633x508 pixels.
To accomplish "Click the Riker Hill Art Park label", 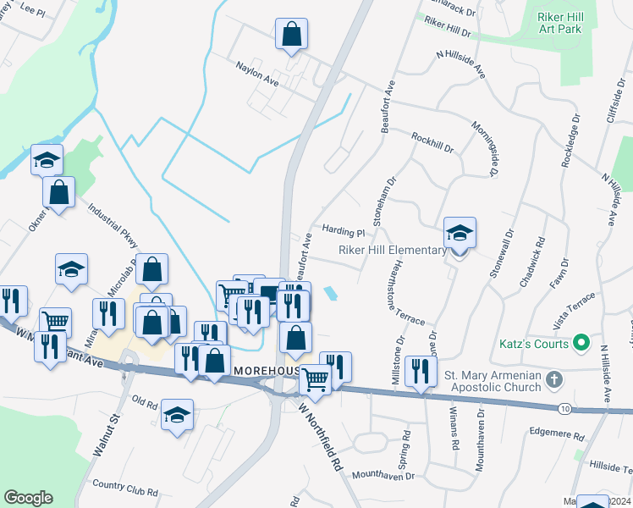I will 559,22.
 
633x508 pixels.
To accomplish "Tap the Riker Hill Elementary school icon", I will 460,233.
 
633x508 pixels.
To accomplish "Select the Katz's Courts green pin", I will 581,344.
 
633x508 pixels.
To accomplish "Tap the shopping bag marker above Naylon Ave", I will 291,35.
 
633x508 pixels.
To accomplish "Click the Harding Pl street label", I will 343,231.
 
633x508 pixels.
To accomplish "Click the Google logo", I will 28,498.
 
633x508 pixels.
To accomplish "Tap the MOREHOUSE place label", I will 268,371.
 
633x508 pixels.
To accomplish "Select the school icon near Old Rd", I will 177,415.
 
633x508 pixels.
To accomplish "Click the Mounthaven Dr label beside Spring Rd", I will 384,476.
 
